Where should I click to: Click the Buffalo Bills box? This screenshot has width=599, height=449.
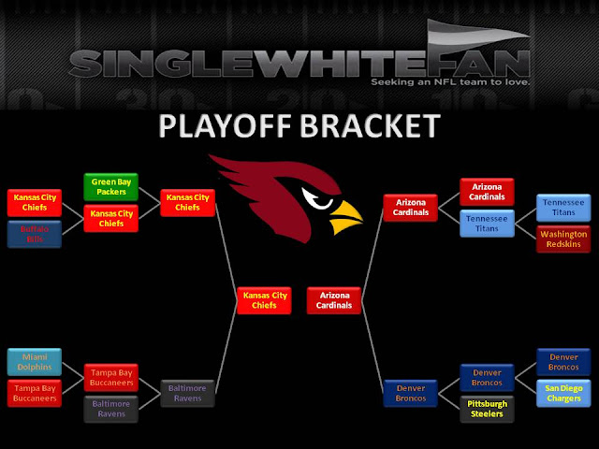35,234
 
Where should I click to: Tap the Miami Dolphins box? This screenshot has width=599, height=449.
35,361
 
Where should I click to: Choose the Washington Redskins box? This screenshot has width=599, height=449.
562,238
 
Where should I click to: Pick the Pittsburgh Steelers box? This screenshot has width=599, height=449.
487,410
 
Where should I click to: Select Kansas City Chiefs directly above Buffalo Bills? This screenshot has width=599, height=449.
35,202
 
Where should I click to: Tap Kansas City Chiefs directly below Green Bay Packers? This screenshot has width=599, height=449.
112,219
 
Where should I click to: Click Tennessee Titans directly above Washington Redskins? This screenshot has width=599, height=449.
562,207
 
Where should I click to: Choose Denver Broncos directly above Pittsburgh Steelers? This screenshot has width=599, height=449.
487,378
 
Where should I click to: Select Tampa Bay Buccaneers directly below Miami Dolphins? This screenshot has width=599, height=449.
35,393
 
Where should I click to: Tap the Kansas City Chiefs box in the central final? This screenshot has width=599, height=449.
262,300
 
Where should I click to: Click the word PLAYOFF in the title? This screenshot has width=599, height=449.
225,126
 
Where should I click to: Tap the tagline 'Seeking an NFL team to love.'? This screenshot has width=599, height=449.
451,82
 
